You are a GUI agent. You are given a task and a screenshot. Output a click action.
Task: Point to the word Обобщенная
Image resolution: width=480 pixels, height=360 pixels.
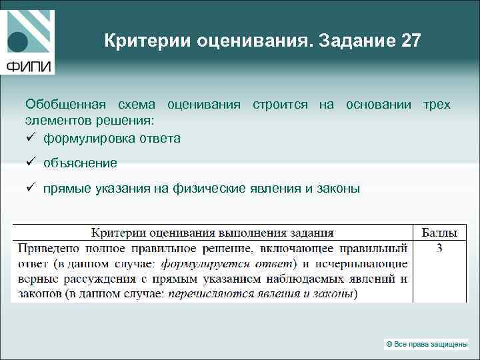click(x=65, y=105)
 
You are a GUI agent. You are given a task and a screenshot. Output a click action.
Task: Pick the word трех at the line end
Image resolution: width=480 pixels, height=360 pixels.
click(x=437, y=105)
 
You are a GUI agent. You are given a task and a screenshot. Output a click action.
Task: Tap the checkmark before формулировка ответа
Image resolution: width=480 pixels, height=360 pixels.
click(x=30, y=139)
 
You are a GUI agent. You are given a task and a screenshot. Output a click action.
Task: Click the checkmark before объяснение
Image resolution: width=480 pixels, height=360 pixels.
click(x=30, y=163)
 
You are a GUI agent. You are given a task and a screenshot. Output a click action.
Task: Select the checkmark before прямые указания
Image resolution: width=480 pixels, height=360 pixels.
click(x=30, y=189)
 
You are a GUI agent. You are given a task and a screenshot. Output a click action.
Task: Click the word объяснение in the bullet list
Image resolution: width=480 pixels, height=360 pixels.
click(x=80, y=163)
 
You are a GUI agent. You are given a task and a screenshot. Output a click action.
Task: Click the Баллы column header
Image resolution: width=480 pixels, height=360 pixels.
click(x=439, y=233)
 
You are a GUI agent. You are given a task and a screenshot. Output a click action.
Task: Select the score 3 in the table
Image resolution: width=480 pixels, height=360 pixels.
click(x=439, y=249)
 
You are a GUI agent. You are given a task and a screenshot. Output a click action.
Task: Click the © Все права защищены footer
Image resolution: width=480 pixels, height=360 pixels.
click(x=426, y=344)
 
